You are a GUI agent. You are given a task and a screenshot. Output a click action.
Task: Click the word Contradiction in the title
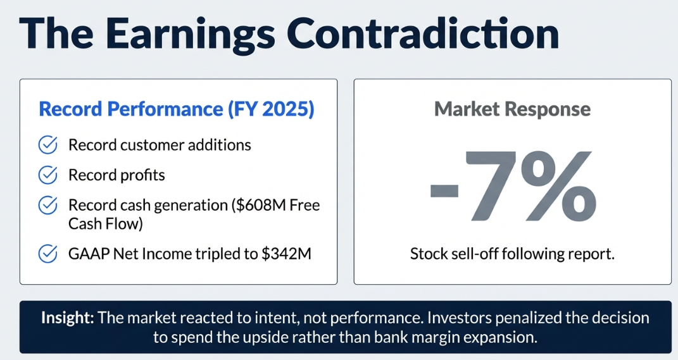423,33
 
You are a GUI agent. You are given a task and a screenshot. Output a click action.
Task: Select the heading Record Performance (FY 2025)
177,109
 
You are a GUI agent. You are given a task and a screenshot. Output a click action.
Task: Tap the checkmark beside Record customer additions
48,145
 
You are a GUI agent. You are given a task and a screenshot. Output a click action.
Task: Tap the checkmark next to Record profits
48,175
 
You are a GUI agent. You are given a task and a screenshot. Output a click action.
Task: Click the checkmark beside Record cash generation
48,205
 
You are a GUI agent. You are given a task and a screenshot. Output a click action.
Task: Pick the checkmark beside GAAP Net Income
48,254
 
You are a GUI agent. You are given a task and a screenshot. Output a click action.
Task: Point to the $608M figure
259,205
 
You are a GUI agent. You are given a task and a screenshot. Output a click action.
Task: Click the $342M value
286,253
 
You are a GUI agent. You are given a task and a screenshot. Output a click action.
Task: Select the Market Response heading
512,109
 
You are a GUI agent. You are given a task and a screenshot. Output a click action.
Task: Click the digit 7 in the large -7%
491,186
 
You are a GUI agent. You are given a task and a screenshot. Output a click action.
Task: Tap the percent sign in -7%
558,186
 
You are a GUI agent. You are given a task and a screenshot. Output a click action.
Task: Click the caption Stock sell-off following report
512,254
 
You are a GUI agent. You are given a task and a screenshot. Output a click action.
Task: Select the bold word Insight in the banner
68,318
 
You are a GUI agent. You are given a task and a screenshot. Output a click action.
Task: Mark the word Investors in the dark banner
459,318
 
